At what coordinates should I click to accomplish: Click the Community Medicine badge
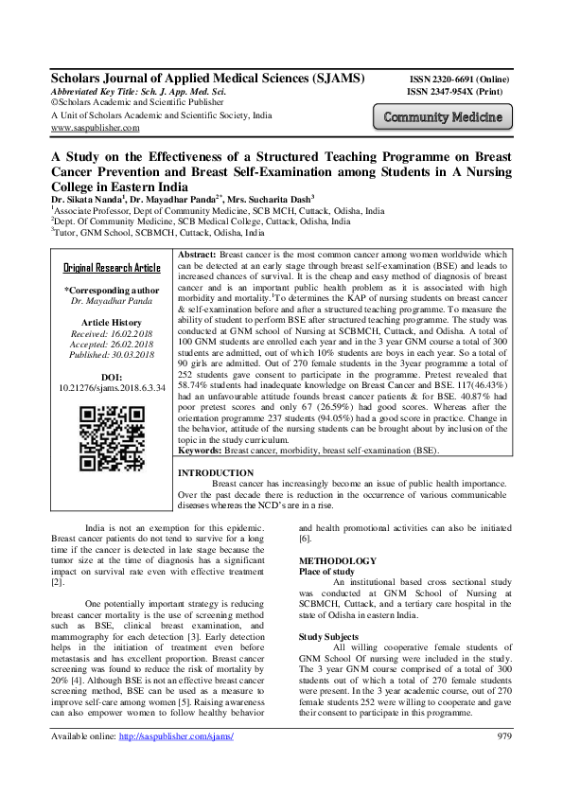(444, 118)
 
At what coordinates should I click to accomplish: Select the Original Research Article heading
(112, 268)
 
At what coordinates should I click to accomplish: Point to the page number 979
(503, 762)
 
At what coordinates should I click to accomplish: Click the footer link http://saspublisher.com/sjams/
(169, 762)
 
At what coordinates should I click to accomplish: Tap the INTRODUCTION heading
(216, 472)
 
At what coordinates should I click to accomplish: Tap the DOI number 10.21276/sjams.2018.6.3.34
(113, 387)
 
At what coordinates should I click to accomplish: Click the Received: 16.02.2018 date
(112, 333)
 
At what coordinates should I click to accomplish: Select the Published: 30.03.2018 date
(112, 356)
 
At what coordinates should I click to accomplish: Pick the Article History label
(112, 322)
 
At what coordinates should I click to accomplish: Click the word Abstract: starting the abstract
(197, 257)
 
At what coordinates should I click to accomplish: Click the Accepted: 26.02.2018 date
(112, 345)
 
